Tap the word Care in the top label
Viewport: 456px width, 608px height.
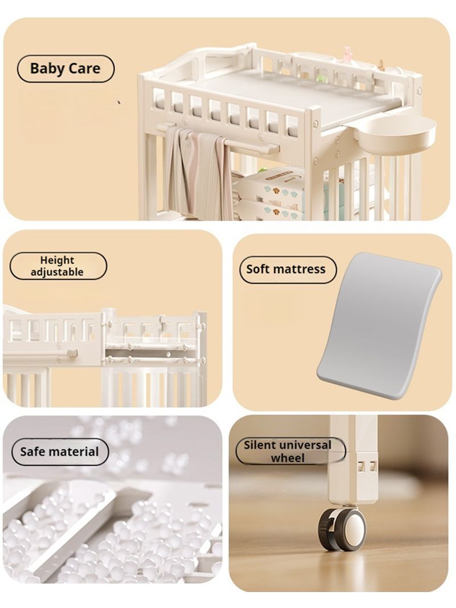pyautogui.click(x=84, y=68)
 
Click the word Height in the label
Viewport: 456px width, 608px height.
pyautogui.click(x=57, y=260)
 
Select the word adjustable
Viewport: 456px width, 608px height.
pyautogui.click(x=57, y=272)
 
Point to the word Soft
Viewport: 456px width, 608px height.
pyautogui.click(x=258, y=269)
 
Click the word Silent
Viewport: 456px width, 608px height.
pyautogui.click(x=259, y=445)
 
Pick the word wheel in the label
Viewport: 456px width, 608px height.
pyautogui.click(x=288, y=458)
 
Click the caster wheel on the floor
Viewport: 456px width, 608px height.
pyautogui.click(x=342, y=528)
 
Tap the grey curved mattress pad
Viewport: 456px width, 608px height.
pyautogui.click(x=379, y=328)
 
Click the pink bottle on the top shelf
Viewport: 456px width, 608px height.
pyautogui.click(x=347, y=54)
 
